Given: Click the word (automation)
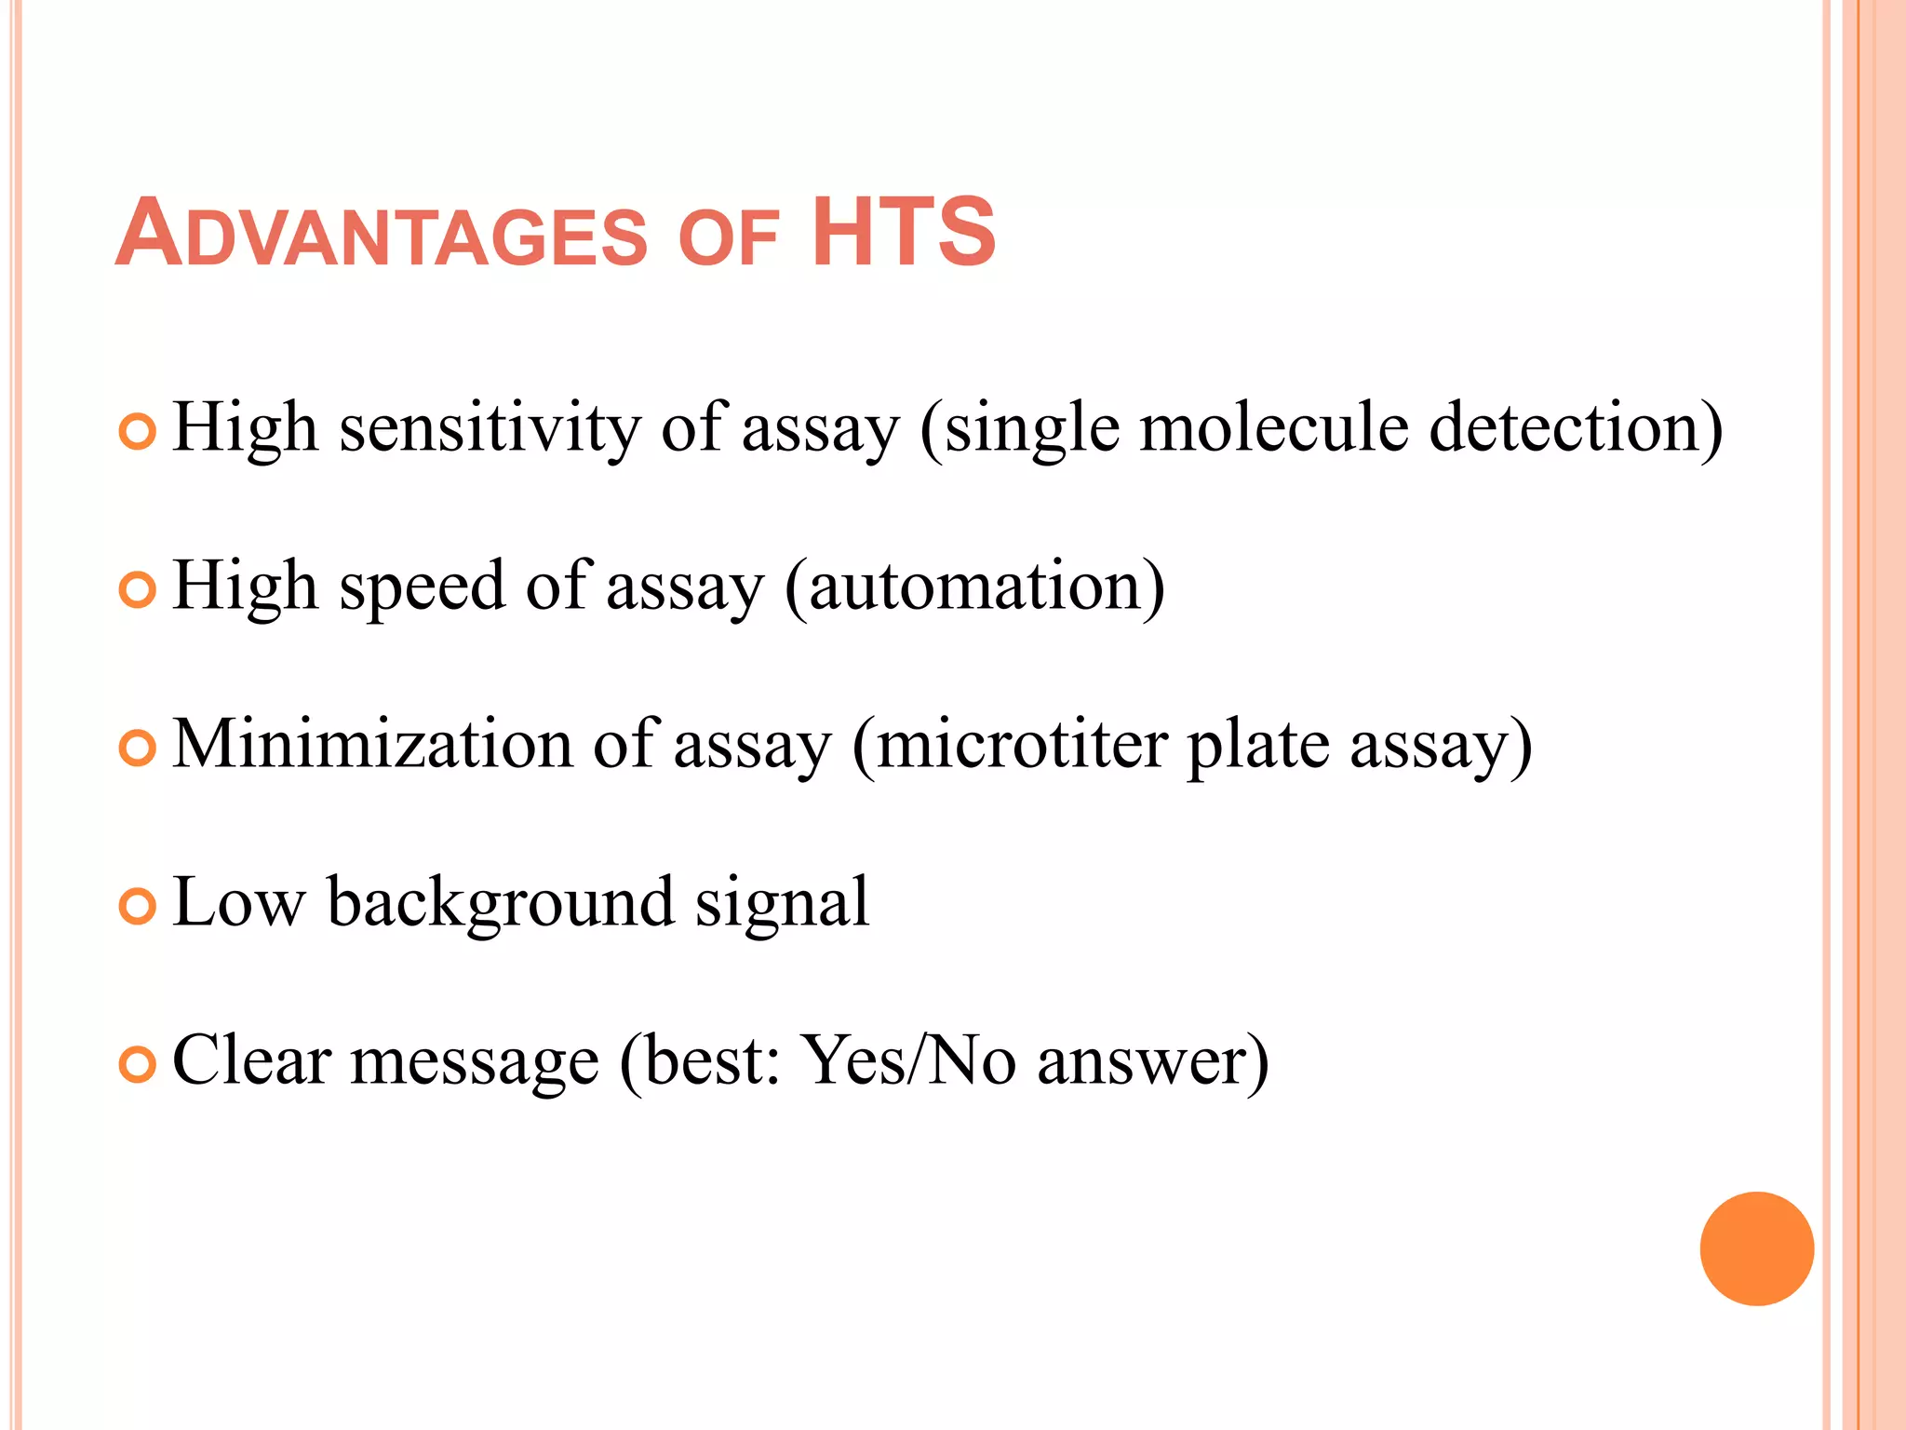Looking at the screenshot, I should point(974,587).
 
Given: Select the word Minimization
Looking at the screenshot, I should point(372,744).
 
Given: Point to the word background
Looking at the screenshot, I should point(501,903).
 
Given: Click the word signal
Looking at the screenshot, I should point(783,903).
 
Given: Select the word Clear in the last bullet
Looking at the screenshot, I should point(252,1060).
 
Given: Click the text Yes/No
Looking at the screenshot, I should point(909,1060).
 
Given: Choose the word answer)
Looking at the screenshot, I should point(1152,1061).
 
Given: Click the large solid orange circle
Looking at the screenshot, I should point(1756,1248).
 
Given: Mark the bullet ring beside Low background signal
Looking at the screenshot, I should point(138,907).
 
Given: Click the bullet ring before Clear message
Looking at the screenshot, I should point(138,1065).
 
